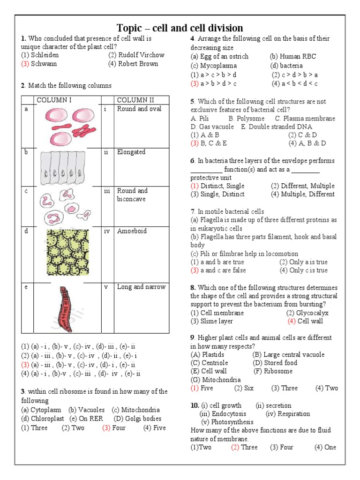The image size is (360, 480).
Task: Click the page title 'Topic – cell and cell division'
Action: point(180,28)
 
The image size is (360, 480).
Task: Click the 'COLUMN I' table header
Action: point(54,100)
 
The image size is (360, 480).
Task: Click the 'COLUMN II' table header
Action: point(135,100)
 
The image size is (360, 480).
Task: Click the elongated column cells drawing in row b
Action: point(65,167)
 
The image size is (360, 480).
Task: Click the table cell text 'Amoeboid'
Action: point(132,231)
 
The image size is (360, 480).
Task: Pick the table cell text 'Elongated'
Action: point(131,152)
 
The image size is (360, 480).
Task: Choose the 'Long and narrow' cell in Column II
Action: point(141,287)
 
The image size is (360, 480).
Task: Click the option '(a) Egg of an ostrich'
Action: point(219,56)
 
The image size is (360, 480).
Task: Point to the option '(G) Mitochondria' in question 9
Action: point(216,380)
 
